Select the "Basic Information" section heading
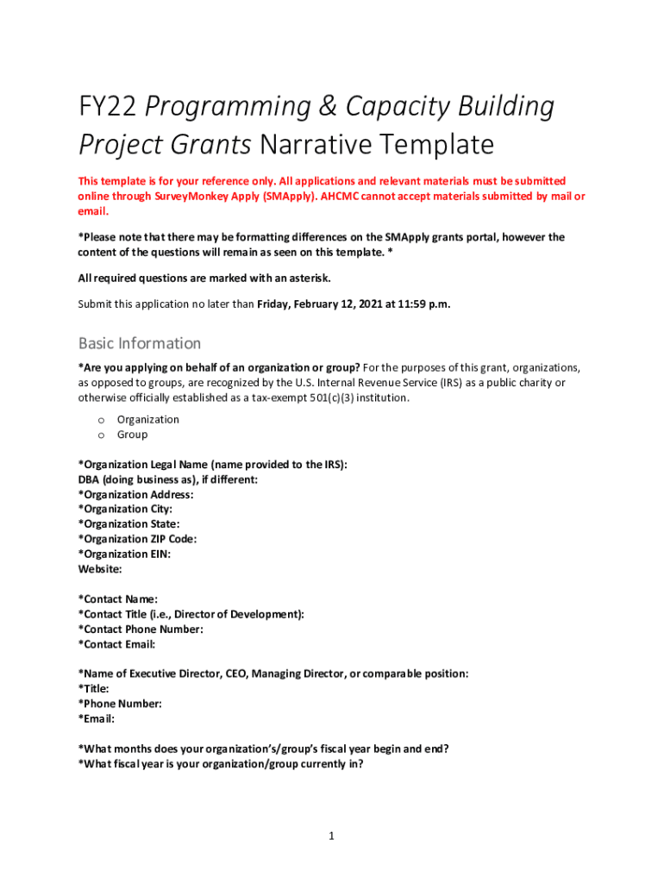tap(140, 343)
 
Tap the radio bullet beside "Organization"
tap(100, 420)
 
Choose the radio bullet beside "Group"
tap(100, 435)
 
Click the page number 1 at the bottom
tap(331, 836)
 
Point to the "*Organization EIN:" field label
tap(124, 554)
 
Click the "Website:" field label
tap(100, 569)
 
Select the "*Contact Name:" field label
tap(118, 599)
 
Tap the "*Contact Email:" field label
tap(116, 644)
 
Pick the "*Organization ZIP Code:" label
tap(137, 539)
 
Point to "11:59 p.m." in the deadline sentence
tap(423, 304)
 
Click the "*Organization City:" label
tap(125, 510)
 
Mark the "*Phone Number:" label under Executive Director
tap(120, 704)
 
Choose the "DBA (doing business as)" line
tap(168, 479)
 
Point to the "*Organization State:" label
tap(128, 524)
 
